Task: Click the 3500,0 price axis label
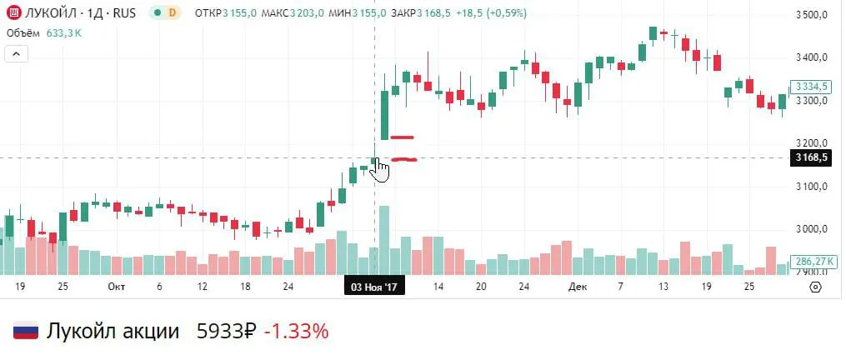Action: pyautogui.click(x=811, y=15)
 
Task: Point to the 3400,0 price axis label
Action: pyautogui.click(x=811, y=57)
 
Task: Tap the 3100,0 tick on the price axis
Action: pyautogui.click(x=811, y=187)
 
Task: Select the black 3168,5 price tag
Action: pyautogui.click(x=812, y=157)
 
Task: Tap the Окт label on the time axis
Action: pyautogui.click(x=117, y=286)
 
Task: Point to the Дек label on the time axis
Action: pyautogui.click(x=577, y=286)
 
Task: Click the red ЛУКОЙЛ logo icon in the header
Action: pyautogui.click(x=13, y=13)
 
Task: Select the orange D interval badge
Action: pyautogui.click(x=172, y=13)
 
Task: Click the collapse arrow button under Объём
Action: pyautogui.click(x=17, y=54)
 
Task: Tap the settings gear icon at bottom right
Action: pyautogui.click(x=815, y=286)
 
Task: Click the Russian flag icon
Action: pyautogui.click(x=26, y=332)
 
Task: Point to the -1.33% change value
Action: pyautogui.click(x=296, y=332)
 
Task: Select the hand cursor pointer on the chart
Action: pyautogui.click(x=380, y=169)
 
